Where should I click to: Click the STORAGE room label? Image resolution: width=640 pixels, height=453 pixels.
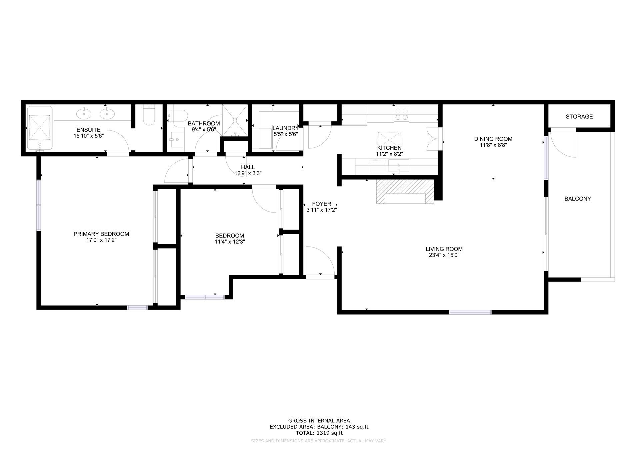[x=579, y=116]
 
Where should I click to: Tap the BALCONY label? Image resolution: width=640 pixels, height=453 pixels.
[x=577, y=198]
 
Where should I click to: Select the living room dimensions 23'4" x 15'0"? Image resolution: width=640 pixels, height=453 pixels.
[x=444, y=255]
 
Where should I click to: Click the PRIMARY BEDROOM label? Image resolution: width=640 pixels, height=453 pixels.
[x=101, y=234]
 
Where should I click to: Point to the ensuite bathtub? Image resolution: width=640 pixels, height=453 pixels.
[x=40, y=128]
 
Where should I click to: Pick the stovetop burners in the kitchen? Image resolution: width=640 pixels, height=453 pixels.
[x=401, y=114]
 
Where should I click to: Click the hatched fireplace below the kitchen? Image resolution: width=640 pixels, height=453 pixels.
[x=405, y=192]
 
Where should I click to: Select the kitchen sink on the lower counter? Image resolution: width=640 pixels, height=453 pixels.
[x=399, y=165]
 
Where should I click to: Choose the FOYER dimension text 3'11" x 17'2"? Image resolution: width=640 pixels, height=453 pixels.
[x=321, y=210]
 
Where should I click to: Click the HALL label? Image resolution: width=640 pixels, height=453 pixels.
[x=248, y=167]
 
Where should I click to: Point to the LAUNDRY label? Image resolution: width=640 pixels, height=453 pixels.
[x=285, y=128]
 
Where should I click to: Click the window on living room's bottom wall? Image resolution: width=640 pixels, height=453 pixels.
[x=470, y=312]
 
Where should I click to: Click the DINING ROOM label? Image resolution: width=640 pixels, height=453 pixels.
[x=493, y=139]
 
